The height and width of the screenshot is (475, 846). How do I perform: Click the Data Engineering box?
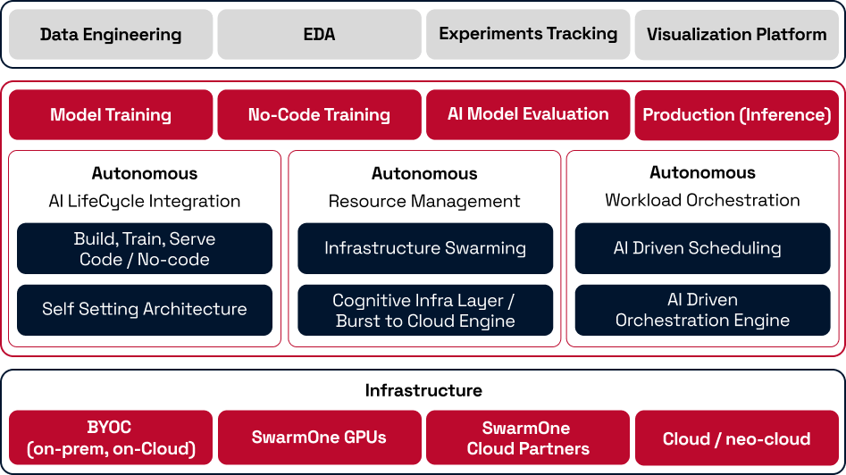click(x=111, y=34)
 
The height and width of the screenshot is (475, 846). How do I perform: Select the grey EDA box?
click(x=320, y=34)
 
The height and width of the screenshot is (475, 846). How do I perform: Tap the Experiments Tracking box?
click(x=528, y=34)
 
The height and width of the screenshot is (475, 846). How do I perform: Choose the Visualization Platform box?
click(x=736, y=34)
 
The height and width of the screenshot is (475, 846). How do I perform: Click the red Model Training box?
click(x=111, y=115)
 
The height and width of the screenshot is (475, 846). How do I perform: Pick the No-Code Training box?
click(x=320, y=115)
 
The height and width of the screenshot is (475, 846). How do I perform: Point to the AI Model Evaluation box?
click(x=528, y=115)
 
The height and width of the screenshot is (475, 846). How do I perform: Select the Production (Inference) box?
click(x=736, y=115)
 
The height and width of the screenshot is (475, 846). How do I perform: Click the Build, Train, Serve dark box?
click(x=145, y=248)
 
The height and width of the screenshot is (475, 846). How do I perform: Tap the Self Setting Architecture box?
click(x=145, y=310)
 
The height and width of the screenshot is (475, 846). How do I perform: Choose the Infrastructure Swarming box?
click(x=425, y=248)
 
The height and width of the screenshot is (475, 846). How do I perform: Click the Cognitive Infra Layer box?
click(x=425, y=310)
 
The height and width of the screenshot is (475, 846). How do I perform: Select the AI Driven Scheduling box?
click(x=702, y=248)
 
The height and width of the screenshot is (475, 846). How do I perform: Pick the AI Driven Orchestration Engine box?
click(x=702, y=310)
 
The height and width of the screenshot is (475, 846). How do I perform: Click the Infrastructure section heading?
click(x=423, y=390)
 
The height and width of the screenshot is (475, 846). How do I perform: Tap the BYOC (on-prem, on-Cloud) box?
click(x=111, y=437)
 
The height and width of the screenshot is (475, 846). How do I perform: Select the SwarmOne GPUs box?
click(x=320, y=437)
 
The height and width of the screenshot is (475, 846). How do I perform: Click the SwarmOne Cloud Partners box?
click(x=528, y=437)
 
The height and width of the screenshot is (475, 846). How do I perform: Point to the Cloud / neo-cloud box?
click(x=736, y=437)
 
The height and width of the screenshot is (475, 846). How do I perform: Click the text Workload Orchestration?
click(x=702, y=200)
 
